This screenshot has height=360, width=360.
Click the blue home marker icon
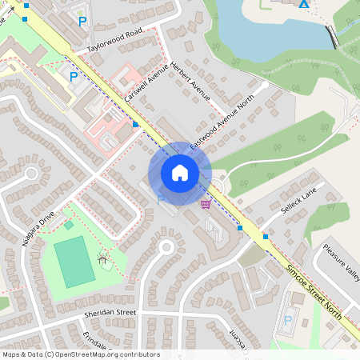(180, 173)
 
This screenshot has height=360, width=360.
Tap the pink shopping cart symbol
(206, 205)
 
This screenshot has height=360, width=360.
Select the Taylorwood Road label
(114, 42)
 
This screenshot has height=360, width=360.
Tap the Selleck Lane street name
(299, 201)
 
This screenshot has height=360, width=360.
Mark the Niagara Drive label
(38, 229)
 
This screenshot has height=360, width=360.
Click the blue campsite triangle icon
(303, 4)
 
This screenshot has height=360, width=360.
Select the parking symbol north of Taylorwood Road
(82, 20)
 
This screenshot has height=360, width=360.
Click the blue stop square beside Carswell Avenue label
(136, 125)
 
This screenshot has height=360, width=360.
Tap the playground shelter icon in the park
(102, 258)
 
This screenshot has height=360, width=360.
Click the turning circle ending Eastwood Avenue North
(265, 84)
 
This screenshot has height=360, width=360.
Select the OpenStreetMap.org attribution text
(80, 354)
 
